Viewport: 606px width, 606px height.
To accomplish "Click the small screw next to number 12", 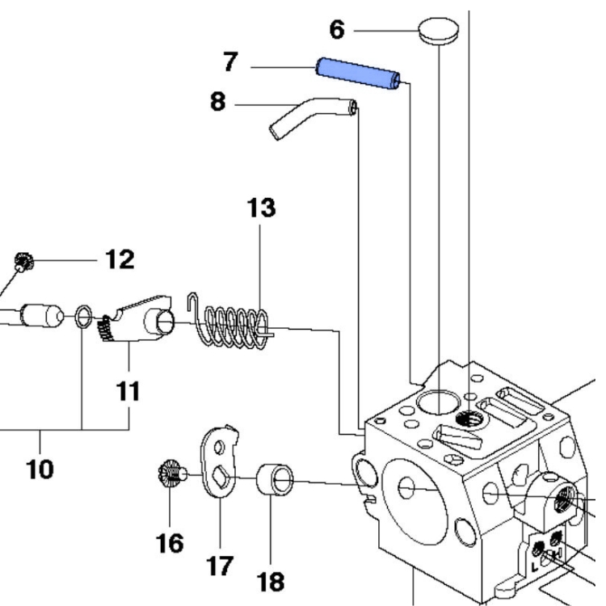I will click(x=22, y=261).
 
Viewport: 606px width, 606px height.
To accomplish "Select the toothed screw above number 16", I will click(x=171, y=473).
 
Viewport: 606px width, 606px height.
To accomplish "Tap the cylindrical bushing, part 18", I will click(x=276, y=482).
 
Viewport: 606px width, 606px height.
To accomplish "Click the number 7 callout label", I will click(x=231, y=62).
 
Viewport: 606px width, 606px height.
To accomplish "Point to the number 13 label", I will click(x=260, y=208).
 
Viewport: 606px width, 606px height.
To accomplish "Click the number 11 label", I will click(x=126, y=392).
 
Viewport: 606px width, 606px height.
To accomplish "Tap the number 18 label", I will click(x=271, y=580).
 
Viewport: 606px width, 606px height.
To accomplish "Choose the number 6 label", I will click(x=337, y=30).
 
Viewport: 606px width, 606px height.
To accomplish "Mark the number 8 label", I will click(x=218, y=103).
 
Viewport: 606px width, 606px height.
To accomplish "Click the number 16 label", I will click(x=170, y=541).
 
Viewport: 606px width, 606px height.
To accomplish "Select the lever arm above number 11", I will click(x=142, y=316).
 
